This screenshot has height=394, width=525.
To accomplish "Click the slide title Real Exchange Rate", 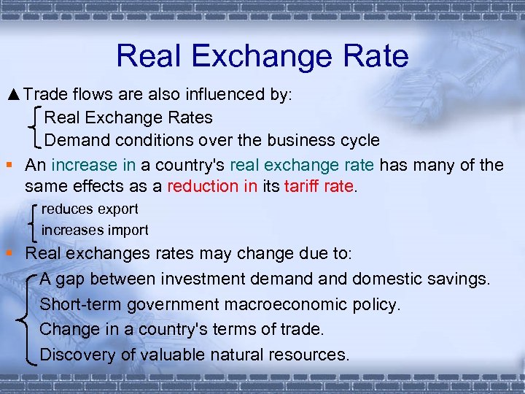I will (262, 56).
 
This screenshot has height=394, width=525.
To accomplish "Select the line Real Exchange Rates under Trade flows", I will (128, 117).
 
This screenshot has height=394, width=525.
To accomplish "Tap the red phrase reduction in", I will (212, 186).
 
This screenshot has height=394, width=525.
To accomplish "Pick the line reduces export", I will (90, 209).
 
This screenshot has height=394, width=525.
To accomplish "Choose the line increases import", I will (95, 231).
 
